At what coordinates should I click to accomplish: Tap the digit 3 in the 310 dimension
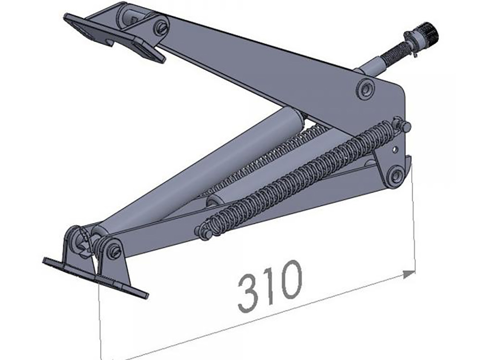pyautogui.click(x=249, y=292)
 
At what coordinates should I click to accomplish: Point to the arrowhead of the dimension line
pyautogui.click(x=409, y=273)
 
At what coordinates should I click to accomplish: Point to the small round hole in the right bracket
pyautogui.click(x=395, y=150)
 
